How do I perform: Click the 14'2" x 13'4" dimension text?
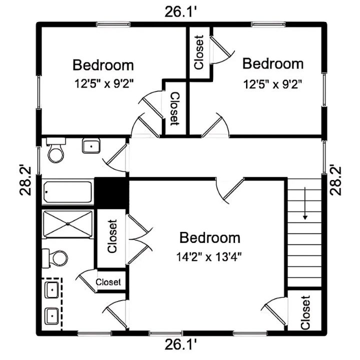click(210, 257)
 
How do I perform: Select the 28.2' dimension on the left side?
click(26, 180)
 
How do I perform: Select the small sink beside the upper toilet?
click(91, 146)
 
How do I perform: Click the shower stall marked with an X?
click(68, 224)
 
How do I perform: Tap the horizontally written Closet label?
click(108, 282)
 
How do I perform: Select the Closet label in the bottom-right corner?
click(306, 312)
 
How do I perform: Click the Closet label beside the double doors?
click(112, 236)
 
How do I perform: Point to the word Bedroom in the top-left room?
click(103, 65)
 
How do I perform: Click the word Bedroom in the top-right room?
click(273, 64)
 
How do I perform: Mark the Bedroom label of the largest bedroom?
click(210, 238)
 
